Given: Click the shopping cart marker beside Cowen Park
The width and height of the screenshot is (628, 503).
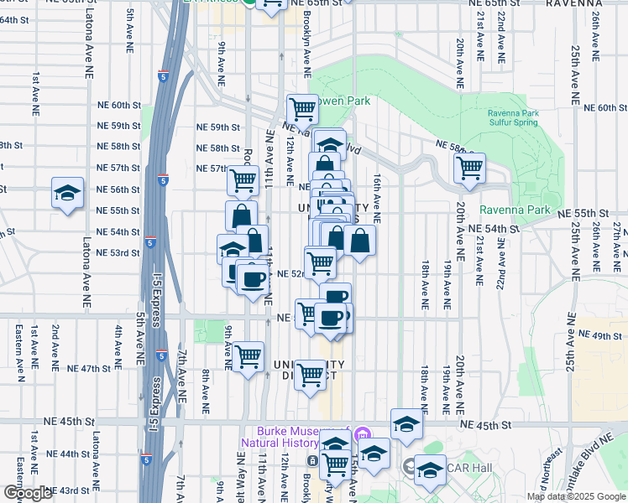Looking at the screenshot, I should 302,108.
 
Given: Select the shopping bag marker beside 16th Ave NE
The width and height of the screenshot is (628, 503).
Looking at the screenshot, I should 359,241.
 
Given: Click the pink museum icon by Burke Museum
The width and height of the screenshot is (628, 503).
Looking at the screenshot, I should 363,434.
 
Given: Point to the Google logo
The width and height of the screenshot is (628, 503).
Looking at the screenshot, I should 27,493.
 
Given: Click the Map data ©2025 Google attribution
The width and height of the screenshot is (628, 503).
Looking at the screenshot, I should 576,496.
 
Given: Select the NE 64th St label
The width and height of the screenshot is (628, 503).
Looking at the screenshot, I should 9,18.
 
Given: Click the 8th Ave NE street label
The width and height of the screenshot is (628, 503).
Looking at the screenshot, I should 204,391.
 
